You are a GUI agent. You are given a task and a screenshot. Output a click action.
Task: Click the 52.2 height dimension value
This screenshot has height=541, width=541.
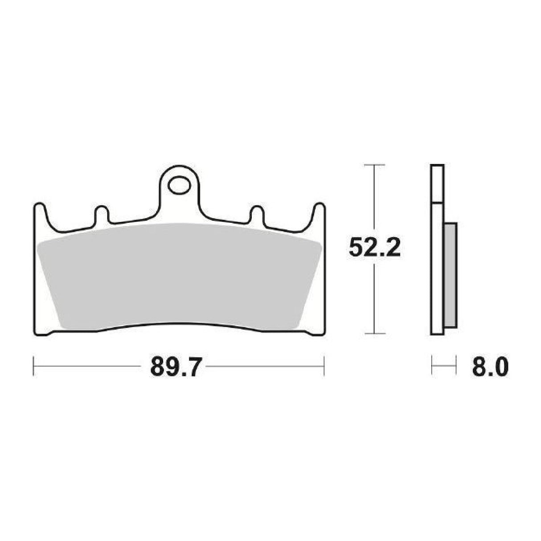pos(375,248)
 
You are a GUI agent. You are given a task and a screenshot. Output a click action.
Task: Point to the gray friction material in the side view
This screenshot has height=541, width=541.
pos(450,274)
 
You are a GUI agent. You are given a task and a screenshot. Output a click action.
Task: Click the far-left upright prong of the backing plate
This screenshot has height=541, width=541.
pos(40,214)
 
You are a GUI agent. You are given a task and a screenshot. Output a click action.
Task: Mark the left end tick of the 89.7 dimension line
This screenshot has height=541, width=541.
pos(34,366)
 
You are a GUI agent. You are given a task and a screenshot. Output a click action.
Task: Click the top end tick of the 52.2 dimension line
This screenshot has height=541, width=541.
pos(373,165)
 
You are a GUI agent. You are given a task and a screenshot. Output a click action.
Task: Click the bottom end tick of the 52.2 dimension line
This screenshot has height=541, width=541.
pos(373,333)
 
